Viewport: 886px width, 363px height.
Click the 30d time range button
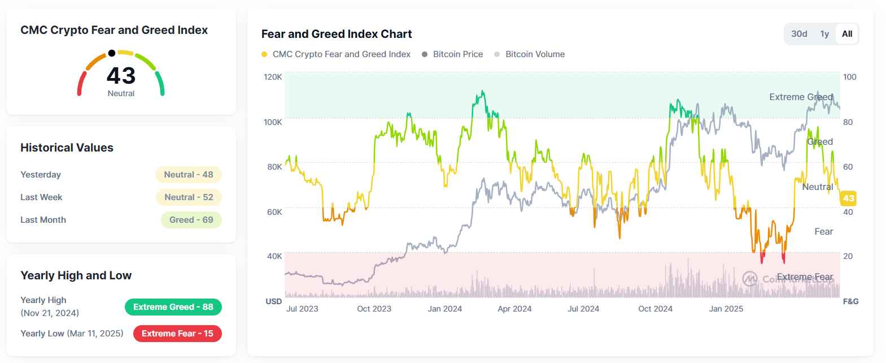tap(799, 34)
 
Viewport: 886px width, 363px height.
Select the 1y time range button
tap(824, 34)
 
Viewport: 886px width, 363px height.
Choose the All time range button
tap(847, 34)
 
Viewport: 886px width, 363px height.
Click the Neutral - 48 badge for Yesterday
tap(189, 175)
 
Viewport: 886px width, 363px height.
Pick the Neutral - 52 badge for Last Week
tap(189, 197)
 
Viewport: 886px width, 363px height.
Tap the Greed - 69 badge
tap(191, 220)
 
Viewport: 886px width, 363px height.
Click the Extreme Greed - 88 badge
tap(173, 307)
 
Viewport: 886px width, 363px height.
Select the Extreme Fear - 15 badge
tap(177, 334)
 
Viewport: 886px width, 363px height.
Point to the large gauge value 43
tap(121, 76)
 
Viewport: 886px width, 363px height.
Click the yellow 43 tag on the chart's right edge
tap(848, 198)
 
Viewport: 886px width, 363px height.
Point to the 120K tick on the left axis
tap(273, 77)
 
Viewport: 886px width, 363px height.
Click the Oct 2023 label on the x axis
tap(374, 309)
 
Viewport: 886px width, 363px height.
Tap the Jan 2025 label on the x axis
tap(726, 309)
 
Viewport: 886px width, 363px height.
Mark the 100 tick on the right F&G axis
tap(849, 77)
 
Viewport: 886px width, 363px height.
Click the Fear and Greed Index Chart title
tap(337, 34)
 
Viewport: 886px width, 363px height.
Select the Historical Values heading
tap(67, 148)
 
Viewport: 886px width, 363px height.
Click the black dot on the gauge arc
tap(112, 53)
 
